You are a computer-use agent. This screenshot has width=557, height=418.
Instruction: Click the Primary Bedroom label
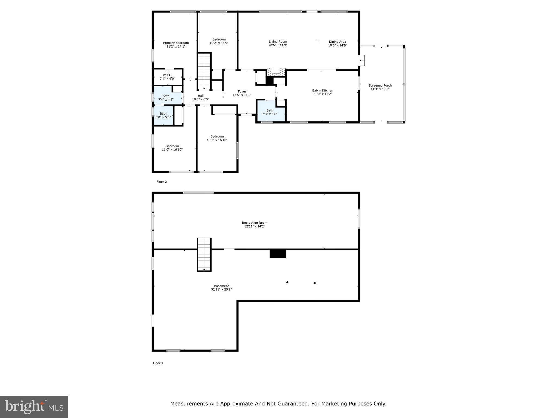tap(176, 43)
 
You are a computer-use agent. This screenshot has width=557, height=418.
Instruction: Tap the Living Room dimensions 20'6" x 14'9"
tap(278, 45)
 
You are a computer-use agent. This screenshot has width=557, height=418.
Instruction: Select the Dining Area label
tap(337, 42)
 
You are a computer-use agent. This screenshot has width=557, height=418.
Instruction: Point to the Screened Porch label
tap(380, 85)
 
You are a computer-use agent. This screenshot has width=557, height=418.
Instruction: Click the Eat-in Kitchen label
tap(322, 91)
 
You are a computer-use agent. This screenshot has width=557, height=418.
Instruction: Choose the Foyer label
tap(242, 92)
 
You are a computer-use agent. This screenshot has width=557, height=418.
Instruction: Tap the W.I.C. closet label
tap(167, 75)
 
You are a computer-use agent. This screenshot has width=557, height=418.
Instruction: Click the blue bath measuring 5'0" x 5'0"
tap(163, 115)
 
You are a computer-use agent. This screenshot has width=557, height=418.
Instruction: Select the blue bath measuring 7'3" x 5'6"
tap(270, 112)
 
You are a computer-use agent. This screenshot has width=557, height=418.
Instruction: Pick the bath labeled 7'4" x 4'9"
tap(166, 98)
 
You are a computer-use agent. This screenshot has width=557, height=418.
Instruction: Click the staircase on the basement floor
tap(204, 254)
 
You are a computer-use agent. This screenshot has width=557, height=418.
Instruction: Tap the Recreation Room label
tap(255, 223)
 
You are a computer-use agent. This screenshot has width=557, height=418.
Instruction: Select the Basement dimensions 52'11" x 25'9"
tap(221, 290)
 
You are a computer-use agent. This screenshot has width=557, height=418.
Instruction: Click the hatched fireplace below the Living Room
tap(276, 72)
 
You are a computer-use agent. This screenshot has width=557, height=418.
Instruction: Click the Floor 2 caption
tap(162, 182)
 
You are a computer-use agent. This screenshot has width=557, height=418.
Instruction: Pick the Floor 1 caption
tap(158, 363)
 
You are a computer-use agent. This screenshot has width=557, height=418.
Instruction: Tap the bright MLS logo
tap(34, 407)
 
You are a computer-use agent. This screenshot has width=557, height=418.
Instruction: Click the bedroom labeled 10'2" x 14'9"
tap(219, 41)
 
